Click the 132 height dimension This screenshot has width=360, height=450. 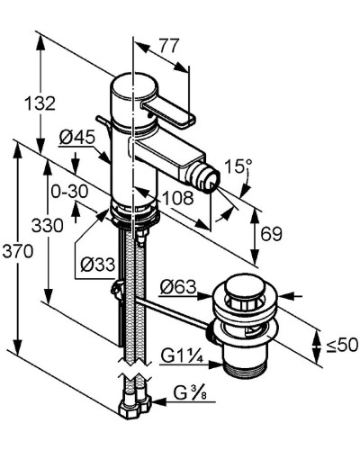pos(40,103)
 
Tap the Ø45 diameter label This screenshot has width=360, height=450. pos(77,138)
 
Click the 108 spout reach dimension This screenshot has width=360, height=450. pos(177,198)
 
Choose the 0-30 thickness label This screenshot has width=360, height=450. pos(69,192)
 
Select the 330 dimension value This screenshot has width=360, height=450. pos(48,225)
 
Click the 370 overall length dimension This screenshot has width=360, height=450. pos(17,251)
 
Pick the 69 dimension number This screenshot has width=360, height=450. pos(271,234)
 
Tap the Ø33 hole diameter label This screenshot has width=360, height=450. pos(97,265)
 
